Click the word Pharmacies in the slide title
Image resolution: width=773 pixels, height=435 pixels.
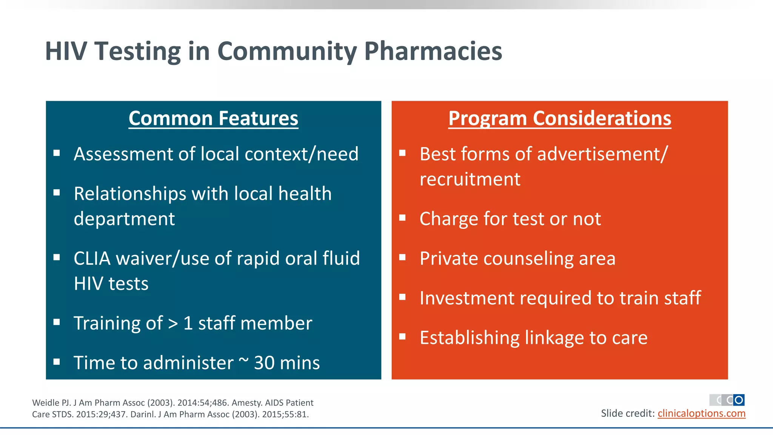433,51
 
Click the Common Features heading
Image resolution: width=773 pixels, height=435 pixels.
213,118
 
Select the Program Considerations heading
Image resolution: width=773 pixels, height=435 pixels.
560,118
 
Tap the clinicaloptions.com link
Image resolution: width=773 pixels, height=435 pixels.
701,413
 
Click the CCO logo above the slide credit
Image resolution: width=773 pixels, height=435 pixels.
727,400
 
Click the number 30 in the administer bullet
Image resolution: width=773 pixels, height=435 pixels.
264,363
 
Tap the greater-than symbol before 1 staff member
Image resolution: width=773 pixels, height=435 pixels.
173,324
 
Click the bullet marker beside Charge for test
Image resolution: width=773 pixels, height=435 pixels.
402,218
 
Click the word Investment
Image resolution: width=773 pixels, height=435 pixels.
467,298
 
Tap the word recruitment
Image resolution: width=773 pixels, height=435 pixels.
470,179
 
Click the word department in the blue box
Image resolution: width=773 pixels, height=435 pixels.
124,219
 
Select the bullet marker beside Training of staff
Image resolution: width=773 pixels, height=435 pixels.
57,322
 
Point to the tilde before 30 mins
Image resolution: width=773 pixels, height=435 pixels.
244,361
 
